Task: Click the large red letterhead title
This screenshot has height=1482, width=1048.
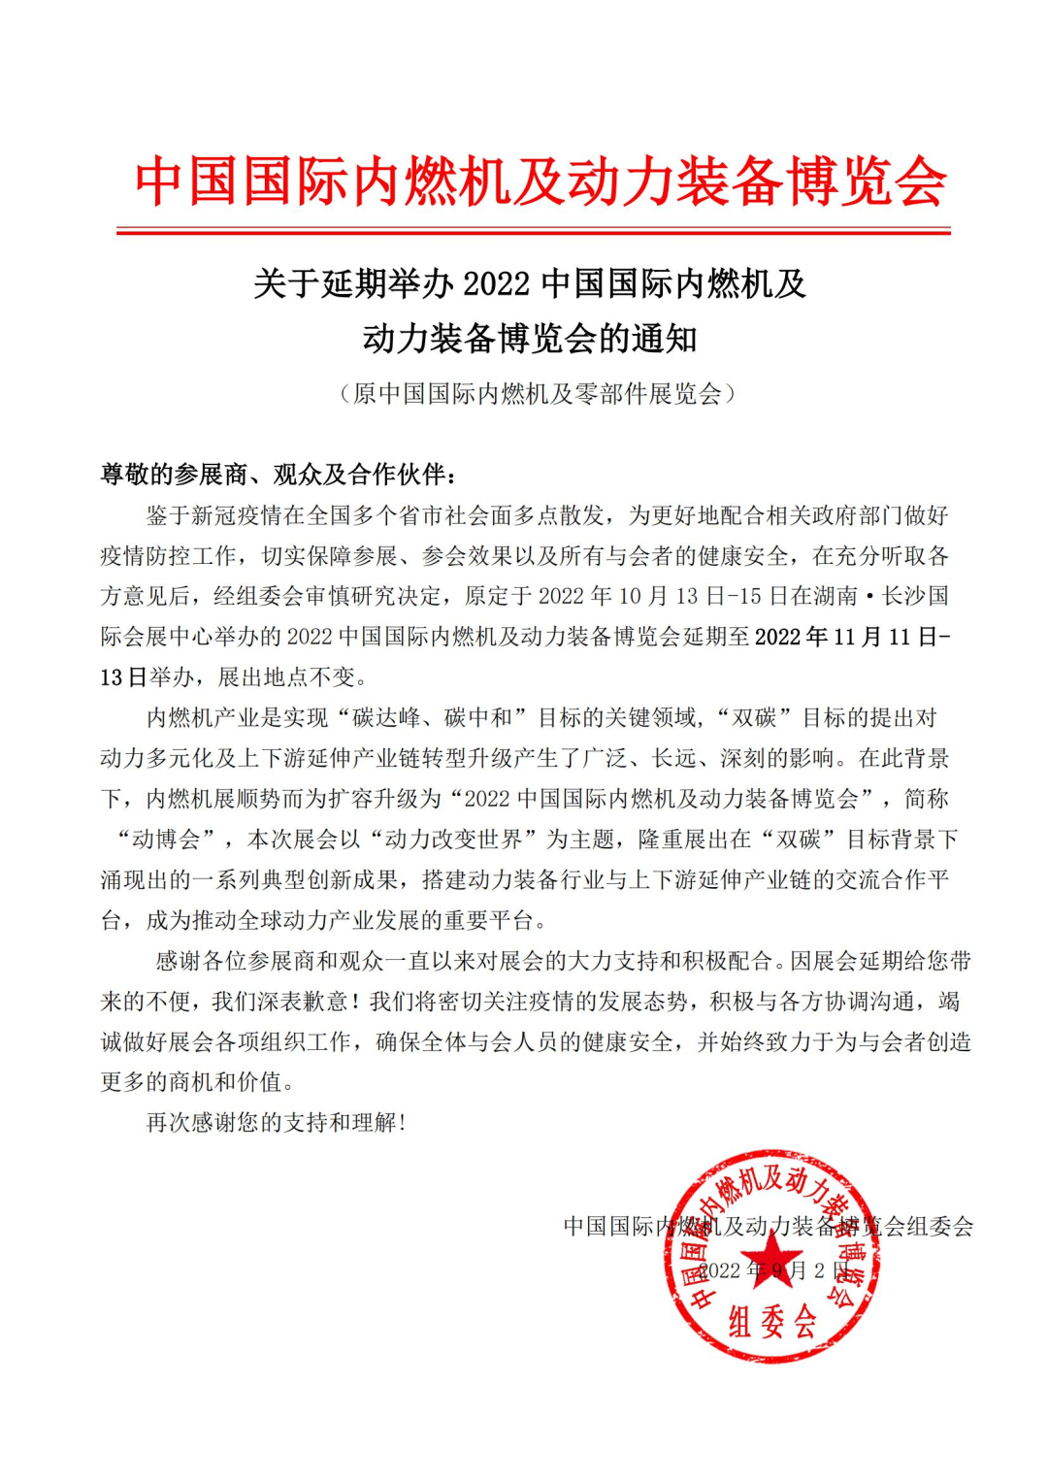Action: pos(540,181)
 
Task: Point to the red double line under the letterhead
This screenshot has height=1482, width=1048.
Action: pos(533,231)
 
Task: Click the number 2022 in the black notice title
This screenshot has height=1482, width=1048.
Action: pos(497,284)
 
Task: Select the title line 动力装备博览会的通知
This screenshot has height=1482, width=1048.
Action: pos(530,339)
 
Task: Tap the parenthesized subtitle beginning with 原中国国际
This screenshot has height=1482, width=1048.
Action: pos(538,393)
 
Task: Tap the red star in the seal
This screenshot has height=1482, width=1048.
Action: pos(771,1258)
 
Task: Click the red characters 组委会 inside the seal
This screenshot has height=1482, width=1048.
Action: pos(772,1322)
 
